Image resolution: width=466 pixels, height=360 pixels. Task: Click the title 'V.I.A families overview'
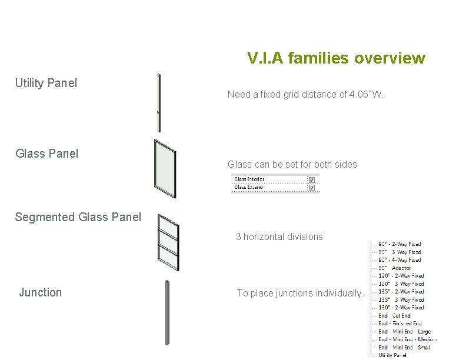(x=336, y=58)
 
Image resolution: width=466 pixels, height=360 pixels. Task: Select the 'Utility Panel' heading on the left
(x=46, y=83)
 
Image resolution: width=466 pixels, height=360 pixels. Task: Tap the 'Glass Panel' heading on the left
(x=46, y=154)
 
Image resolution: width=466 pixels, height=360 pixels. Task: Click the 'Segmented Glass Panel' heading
(x=78, y=217)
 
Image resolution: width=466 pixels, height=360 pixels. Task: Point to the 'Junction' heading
(x=40, y=292)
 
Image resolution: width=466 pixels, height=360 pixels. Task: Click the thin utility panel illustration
(x=159, y=102)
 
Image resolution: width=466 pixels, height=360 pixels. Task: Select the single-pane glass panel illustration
(x=165, y=168)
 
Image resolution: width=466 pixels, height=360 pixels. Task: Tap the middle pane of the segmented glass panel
(x=169, y=241)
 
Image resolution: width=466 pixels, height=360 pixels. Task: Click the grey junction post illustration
(x=168, y=312)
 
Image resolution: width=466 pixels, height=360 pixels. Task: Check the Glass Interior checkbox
(x=311, y=179)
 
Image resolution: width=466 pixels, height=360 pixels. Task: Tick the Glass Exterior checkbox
(x=311, y=188)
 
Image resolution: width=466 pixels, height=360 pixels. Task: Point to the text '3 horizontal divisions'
(x=279, y=236)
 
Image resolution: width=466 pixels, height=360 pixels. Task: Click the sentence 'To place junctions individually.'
(x=301, y=293)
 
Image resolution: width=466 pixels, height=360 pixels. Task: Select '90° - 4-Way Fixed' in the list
(x=400, y=259)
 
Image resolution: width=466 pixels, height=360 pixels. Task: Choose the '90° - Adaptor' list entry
(x=395, y=268)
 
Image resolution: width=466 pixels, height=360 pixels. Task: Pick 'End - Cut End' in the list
(x=395, y=315)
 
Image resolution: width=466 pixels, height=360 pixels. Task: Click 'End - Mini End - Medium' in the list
(x=408, y=339)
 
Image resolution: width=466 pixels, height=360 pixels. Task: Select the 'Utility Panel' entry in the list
(x=392, y=355)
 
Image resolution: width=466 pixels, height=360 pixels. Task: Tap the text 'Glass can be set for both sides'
(x=292, y=164)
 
